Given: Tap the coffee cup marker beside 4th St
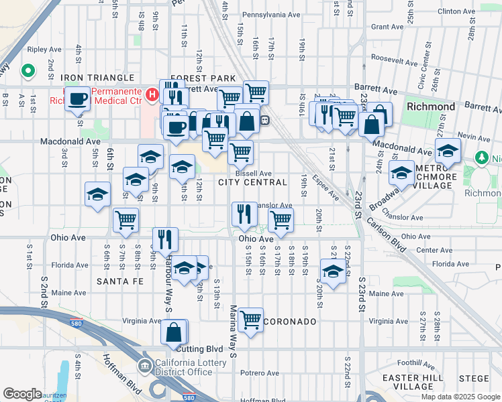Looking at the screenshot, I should tap(78, 100).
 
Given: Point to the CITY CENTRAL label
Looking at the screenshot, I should tap(252, 182).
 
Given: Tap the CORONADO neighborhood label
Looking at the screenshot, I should tap(290, 322).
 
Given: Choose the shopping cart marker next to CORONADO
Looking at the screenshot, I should tap(250, 320).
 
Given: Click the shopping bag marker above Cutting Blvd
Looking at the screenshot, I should tap(174, 332).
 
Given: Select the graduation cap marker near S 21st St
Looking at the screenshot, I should tap(332, 271).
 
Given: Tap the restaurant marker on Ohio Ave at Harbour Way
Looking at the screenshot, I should tap(165, 239).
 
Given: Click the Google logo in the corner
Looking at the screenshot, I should tap(22, 394).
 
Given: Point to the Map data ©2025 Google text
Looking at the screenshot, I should tap(460, 397).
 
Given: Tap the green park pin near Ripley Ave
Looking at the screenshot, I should tap(28, 70).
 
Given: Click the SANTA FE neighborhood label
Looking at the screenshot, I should tap(120, 281).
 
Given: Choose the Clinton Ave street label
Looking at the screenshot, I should tap(456, 11).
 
